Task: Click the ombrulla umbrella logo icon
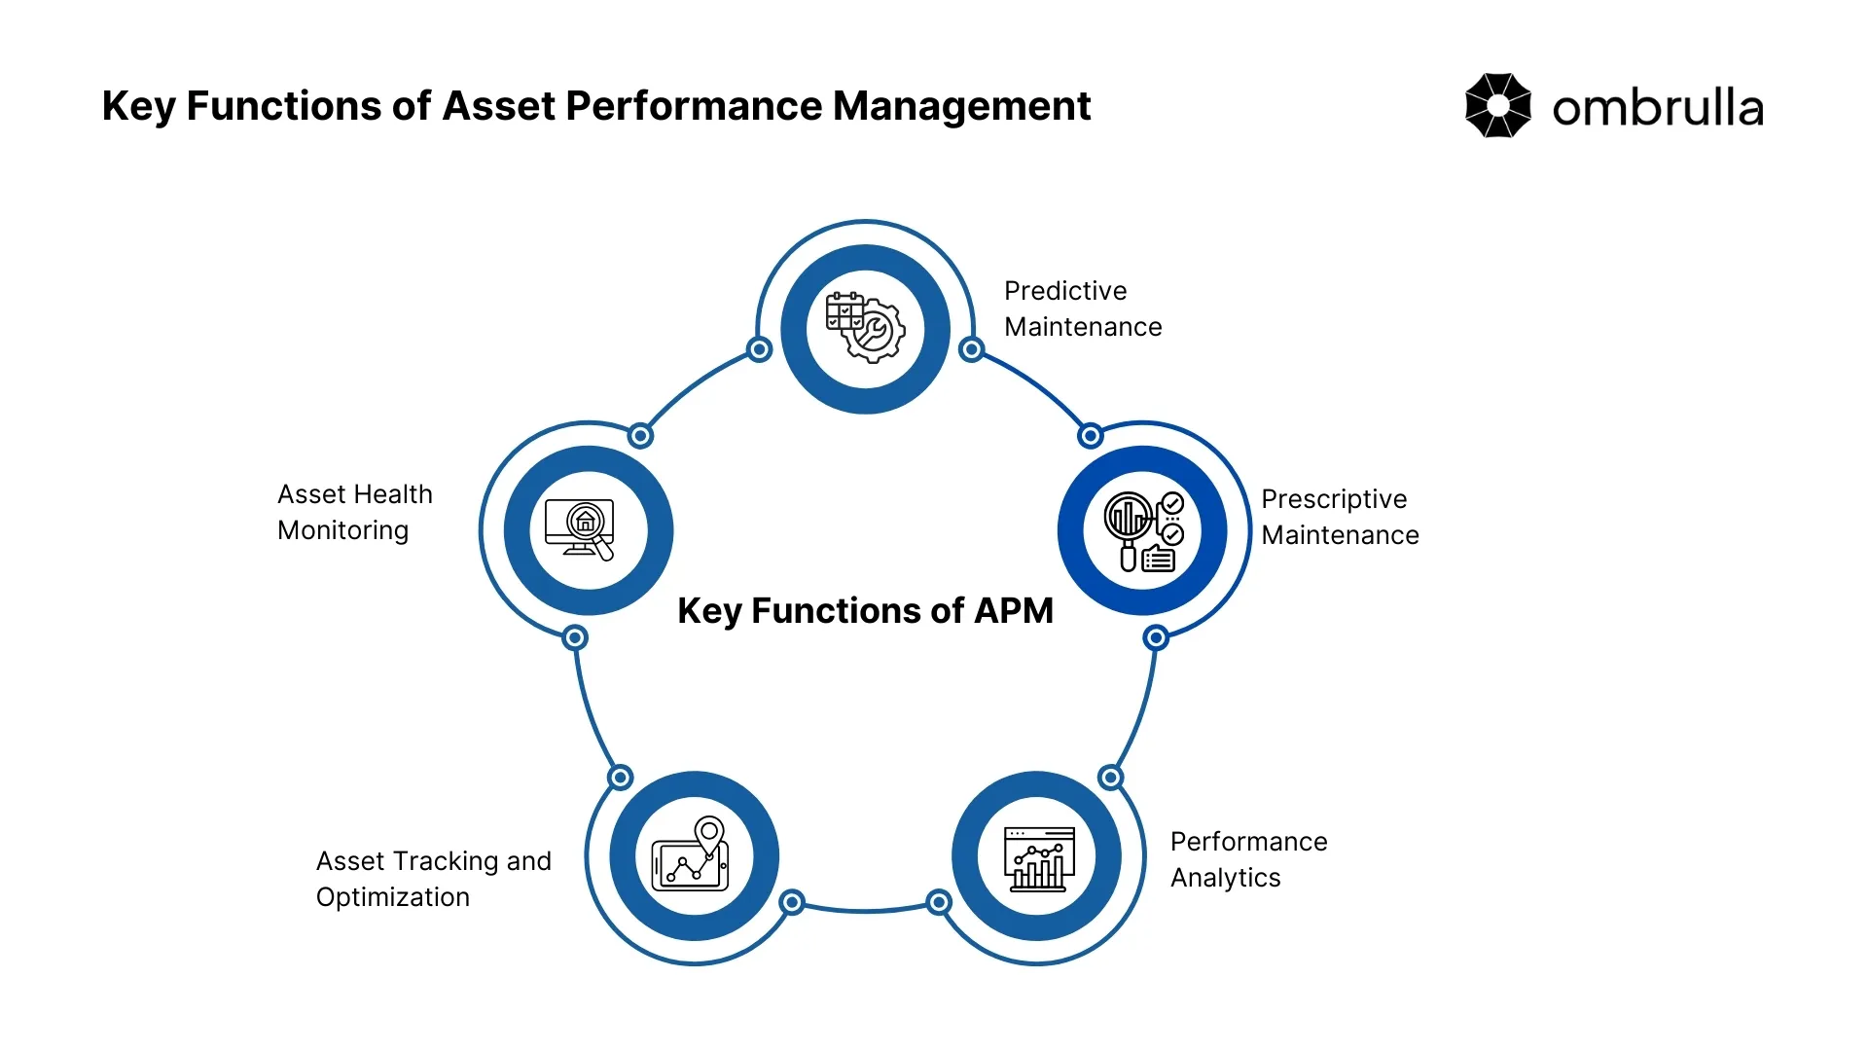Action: click(1497, 106)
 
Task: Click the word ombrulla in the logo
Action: click(1657, 108)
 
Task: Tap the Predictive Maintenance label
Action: click(1082, 308)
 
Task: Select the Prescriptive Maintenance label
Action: click(1340, 517)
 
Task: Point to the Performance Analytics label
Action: click(1248, 859)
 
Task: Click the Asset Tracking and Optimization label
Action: click(433, 879)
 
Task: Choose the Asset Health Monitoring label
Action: click(354, 512)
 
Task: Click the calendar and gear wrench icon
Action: click(865, 328)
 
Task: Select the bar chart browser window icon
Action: click(1038, 857)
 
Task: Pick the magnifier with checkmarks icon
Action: click(1143, 530)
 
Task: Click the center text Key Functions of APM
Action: click(865, 611)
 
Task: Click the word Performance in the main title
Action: click(693, 106)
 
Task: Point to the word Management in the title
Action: click(961, 106)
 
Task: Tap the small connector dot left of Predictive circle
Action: click(760, 349)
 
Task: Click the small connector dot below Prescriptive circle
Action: click(1156, 638)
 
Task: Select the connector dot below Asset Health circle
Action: click(575, 638)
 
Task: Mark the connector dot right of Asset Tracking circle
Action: click(793, 903)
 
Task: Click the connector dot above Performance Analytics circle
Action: click(1110, 778)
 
